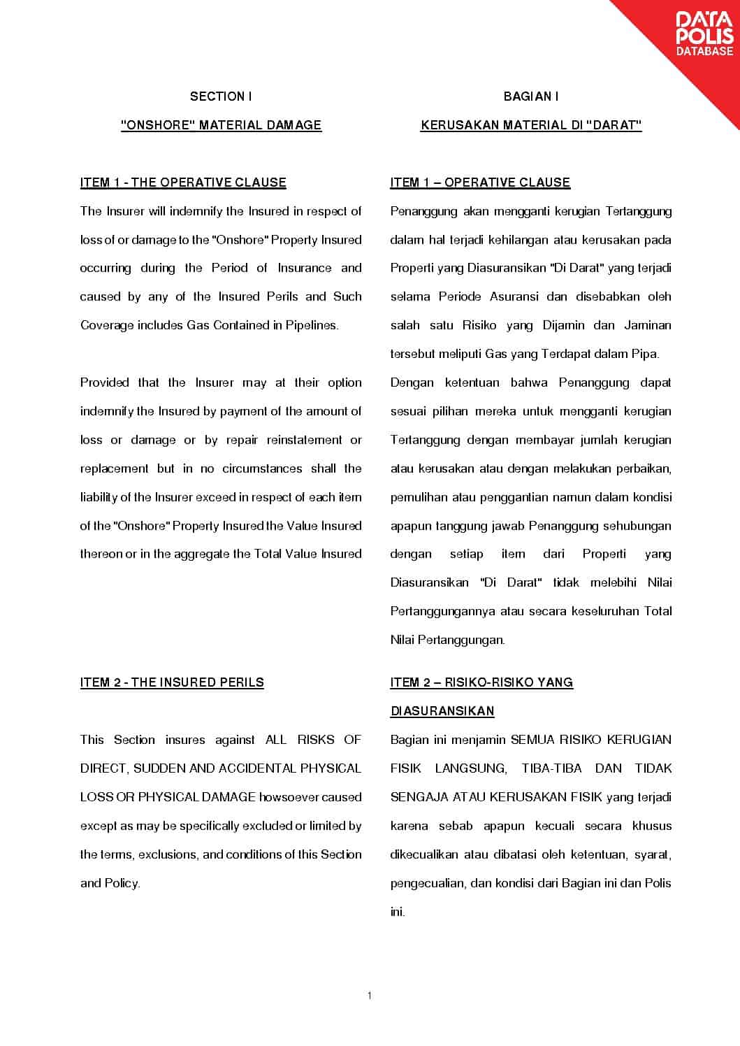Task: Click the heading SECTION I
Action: (221, 96)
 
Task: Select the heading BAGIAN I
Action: (531, 96)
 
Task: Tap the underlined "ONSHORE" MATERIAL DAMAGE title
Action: (221, 125)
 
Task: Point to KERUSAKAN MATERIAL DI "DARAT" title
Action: (531, 125)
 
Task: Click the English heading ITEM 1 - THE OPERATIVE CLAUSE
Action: (183, 182)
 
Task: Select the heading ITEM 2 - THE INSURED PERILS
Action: (172, 682)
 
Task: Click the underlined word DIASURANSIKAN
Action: (442, 711)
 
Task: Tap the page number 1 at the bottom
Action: (370, 996)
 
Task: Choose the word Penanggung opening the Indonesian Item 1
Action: (423, 211)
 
